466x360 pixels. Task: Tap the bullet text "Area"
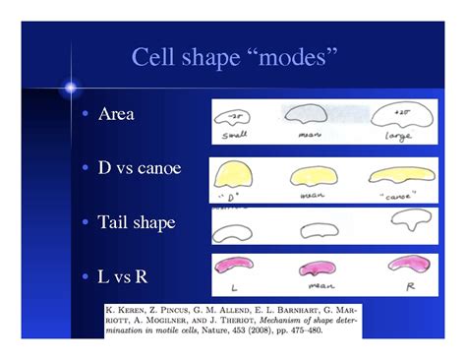115,114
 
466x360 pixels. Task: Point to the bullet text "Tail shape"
136,222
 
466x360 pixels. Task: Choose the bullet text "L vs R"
122,276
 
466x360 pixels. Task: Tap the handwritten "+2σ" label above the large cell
402,101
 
